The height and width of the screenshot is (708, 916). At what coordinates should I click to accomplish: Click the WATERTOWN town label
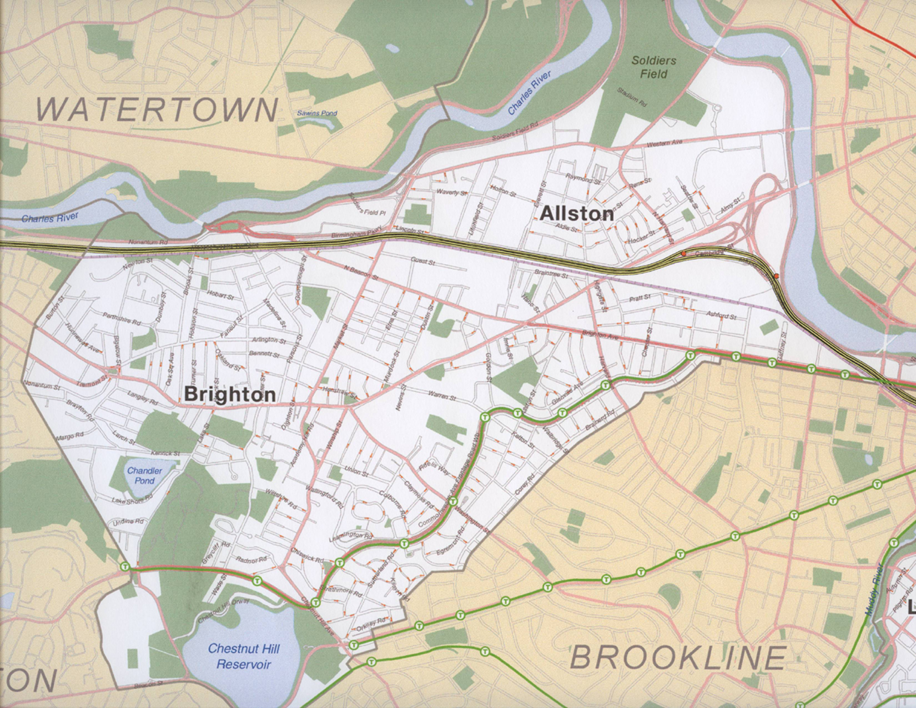[158, 109]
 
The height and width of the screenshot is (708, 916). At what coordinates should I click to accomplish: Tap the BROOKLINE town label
[678, 659]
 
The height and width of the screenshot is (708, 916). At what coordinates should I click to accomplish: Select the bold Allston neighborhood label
[577, 213]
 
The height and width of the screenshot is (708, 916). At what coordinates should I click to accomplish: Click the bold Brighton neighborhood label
[229, 394]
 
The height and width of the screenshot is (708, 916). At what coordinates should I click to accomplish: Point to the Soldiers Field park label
[653, 67]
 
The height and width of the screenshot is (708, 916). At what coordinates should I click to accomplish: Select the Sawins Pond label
[317, 113]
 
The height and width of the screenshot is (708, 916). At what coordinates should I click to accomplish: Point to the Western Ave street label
[665, 144]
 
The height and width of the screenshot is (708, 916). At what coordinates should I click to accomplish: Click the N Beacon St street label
[361, 272]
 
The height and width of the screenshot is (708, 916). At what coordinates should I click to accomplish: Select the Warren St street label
[441, 398]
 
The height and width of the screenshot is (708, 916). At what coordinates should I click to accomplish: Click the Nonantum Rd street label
[148, 243]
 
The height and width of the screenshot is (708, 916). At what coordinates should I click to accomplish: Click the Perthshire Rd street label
[122, 318]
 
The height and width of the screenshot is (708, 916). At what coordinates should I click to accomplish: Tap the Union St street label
[356, 472]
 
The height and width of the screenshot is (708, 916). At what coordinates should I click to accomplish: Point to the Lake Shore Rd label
[132, 500]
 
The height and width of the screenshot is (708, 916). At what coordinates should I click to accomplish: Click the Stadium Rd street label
[632, 97]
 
